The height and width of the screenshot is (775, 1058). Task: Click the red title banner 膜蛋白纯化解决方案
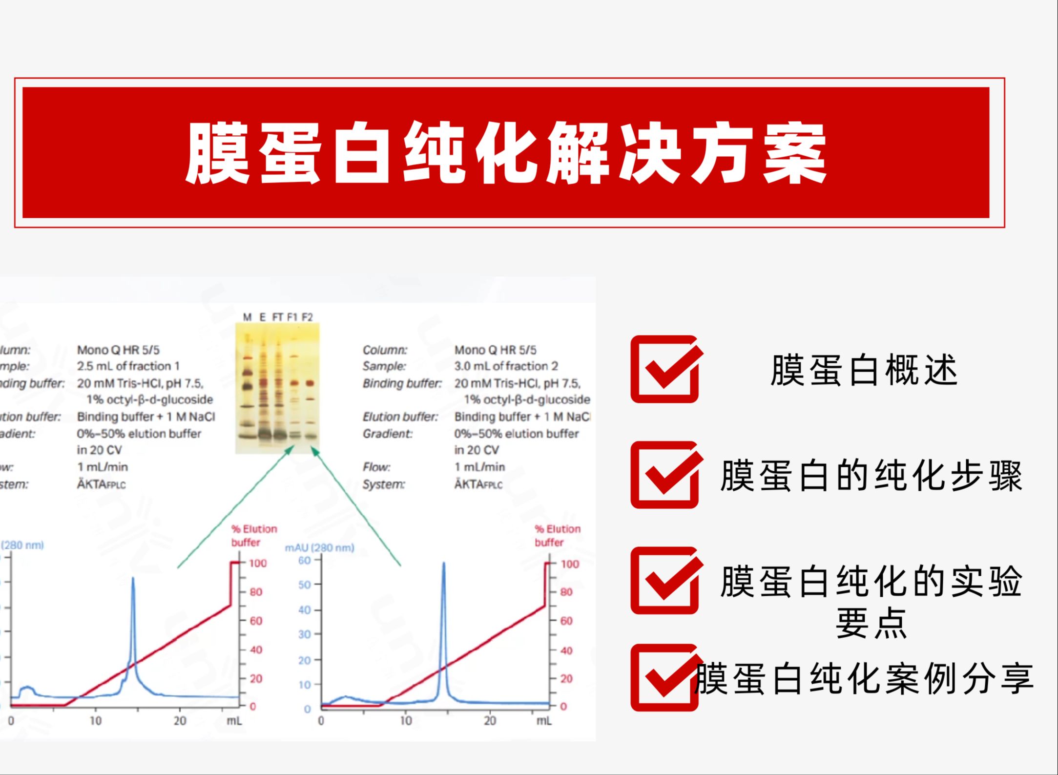[506, 152]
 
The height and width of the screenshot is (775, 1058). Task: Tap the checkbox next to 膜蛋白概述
[665, 369]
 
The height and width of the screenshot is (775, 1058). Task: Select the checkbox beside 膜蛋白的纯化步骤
[665, 475]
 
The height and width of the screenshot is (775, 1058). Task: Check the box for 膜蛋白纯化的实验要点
[665, 581]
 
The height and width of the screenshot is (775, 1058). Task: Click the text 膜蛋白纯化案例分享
[864, 678]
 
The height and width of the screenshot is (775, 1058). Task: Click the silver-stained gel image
[277, 388]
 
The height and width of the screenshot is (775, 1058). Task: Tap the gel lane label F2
[307, 317]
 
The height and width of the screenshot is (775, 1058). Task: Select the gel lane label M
[247, 317]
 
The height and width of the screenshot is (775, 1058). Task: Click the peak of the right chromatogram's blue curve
[444, 564]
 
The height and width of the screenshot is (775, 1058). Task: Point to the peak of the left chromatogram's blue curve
[133, 579]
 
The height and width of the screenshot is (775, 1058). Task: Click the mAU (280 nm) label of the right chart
[319, 547]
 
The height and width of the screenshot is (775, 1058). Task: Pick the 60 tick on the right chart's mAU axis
[304, 560]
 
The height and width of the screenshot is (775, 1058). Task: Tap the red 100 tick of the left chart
[258, 564]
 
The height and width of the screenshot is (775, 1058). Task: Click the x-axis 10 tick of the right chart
[406, 721]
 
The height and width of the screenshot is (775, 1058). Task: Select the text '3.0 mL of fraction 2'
[506, 366]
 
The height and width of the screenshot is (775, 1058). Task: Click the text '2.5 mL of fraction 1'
[128, 366]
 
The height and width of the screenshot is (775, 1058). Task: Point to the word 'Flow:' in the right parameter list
[376, 467]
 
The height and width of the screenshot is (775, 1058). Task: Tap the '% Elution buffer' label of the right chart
[558, 535]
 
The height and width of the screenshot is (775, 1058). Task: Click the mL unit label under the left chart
[234, 721]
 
